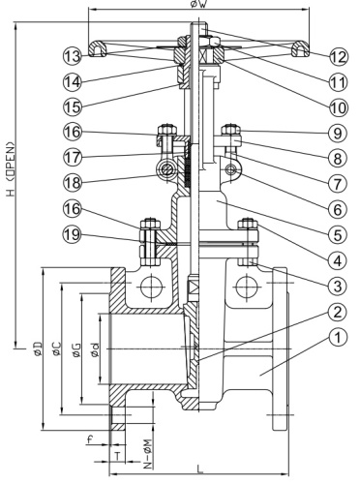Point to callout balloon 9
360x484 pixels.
[338, 131]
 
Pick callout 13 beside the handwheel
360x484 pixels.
[71, 53]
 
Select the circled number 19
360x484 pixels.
[71, 233]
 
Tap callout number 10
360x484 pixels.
[338, 105]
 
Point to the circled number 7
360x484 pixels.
[338, 182]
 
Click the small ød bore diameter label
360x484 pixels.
[96, 348]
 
